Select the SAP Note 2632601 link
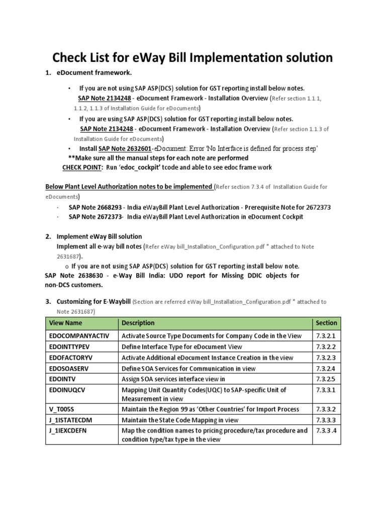click(125, 148)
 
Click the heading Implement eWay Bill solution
click(99, 236)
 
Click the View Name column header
click(65, 323)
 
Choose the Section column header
click(326, 323)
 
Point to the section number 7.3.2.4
click(326, 369)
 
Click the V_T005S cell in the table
click(61, 409)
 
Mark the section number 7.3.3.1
click(326, 390)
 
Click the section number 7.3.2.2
click(326, 347)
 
